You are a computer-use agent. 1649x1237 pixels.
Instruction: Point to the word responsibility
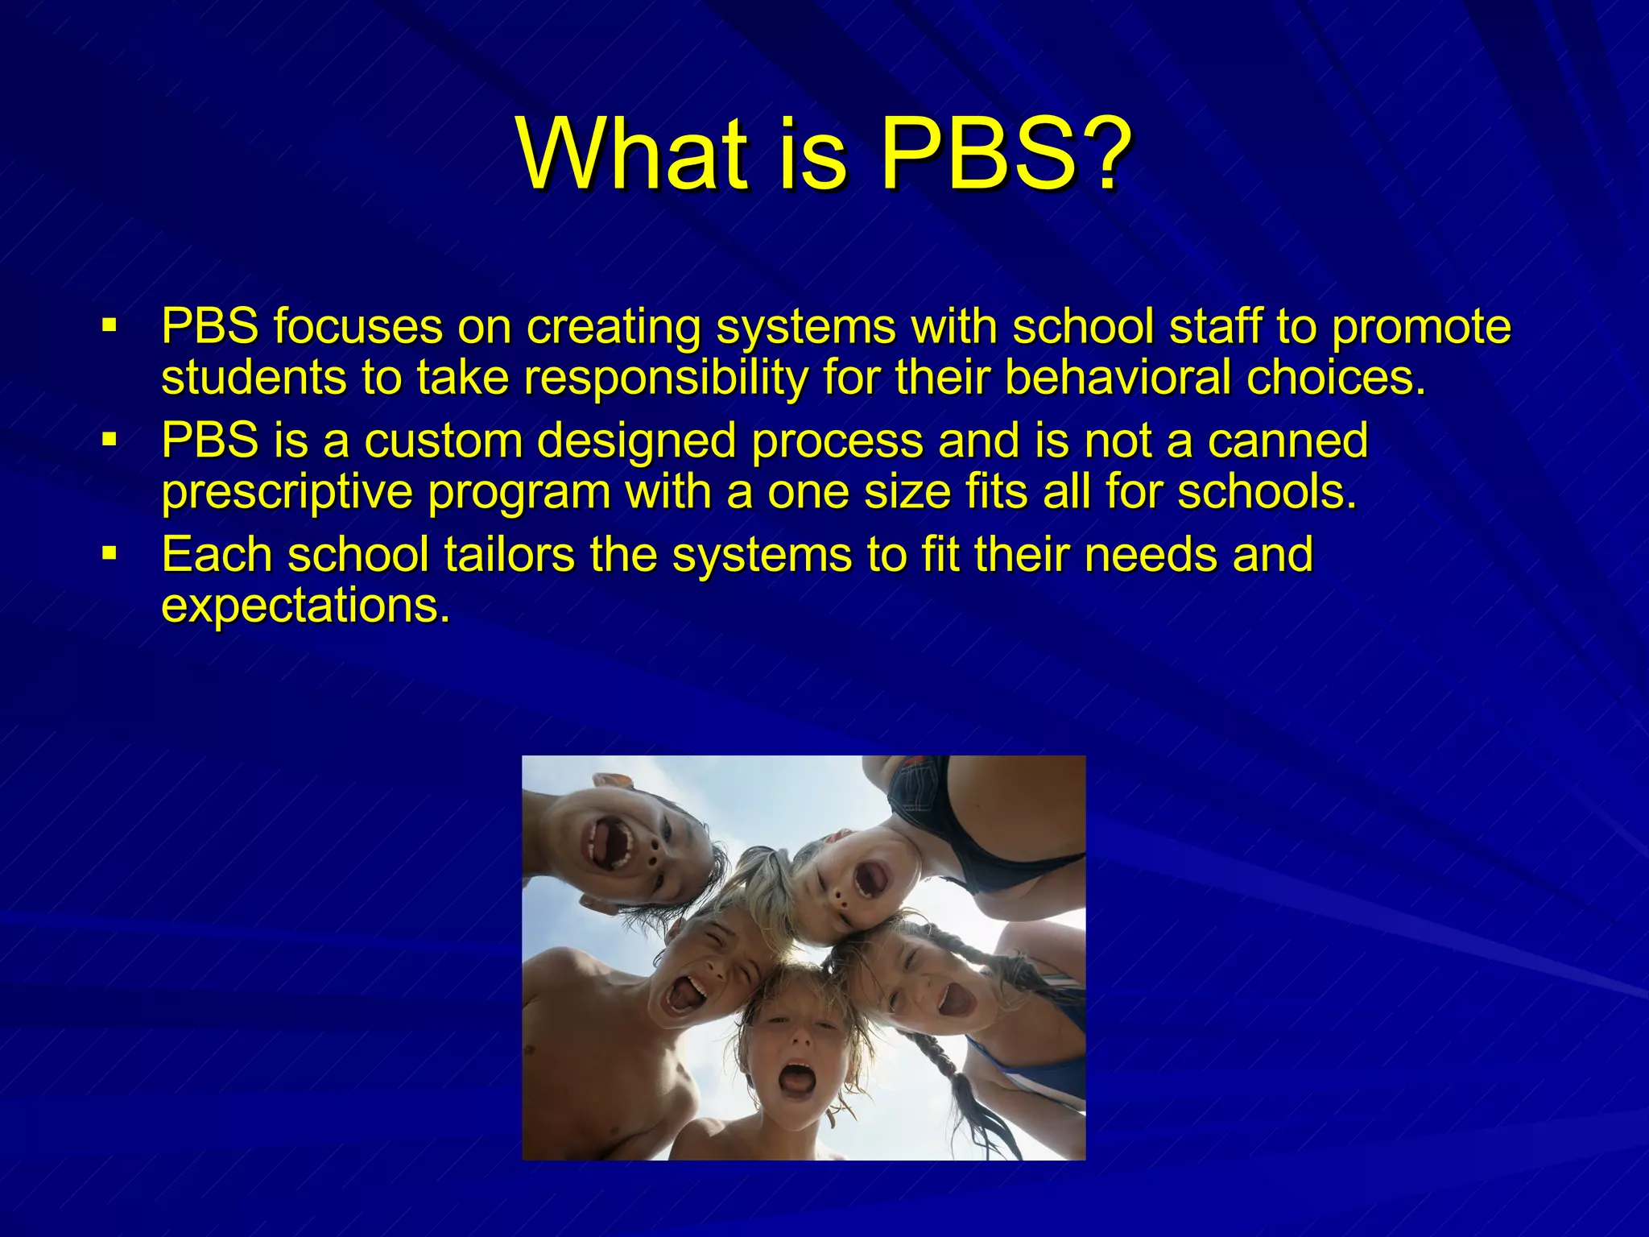point(665,377)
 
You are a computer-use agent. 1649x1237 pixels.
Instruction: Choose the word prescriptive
point(287,493)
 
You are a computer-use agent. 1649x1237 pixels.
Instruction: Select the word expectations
point(304,606)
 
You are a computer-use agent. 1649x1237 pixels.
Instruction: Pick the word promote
point(1421,327)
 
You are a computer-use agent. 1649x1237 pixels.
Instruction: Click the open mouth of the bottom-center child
point(797,1078)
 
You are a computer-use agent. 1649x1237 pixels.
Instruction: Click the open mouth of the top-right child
point(870,879)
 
